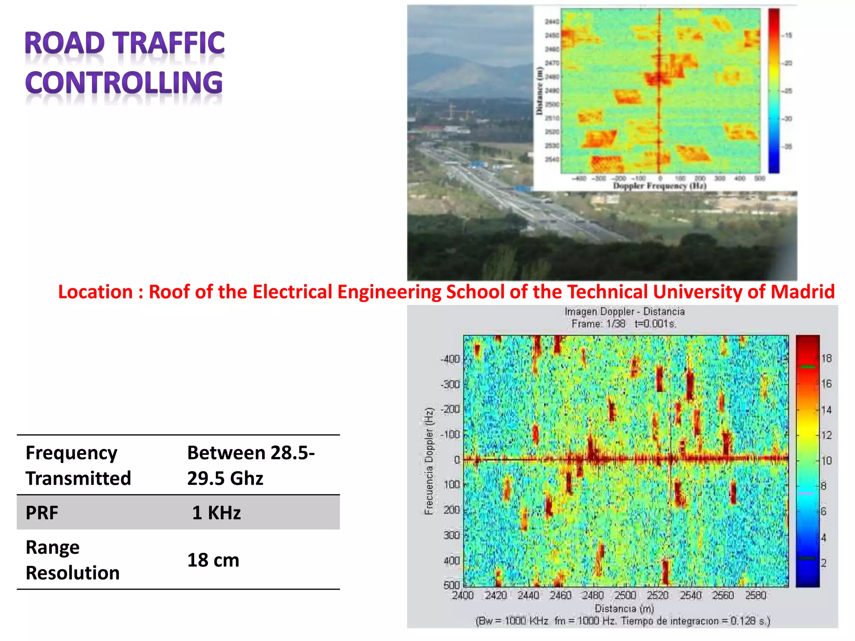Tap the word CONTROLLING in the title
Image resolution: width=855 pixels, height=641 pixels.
[124, 82]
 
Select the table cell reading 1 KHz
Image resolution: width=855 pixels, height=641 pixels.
[216, 513]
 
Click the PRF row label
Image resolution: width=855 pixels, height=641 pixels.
[42, 513]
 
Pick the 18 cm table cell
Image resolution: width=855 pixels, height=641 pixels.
[213, 560]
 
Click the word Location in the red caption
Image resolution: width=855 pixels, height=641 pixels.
[95, 292]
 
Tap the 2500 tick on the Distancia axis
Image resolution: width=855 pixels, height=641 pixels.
[625, 596]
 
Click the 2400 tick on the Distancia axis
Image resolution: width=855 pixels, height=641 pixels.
[463, 596]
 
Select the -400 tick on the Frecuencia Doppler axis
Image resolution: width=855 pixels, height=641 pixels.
[450, 359]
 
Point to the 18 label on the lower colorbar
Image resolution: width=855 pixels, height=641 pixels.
[826, 358]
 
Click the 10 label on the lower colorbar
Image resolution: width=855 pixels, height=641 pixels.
[826, 461]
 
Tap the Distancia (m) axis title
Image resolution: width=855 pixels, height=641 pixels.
[624, 608]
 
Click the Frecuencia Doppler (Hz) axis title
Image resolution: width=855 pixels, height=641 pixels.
[429, 461]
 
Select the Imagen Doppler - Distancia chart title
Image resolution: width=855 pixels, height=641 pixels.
[625, 312]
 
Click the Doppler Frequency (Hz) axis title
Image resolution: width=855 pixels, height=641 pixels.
[659, 186]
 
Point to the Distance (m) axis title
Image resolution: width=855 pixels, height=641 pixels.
[539, 91]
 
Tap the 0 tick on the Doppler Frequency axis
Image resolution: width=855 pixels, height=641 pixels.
[660, 179]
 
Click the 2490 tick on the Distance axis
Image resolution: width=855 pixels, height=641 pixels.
[551, 91]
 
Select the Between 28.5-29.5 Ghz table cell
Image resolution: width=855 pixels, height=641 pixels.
[250, 465]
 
